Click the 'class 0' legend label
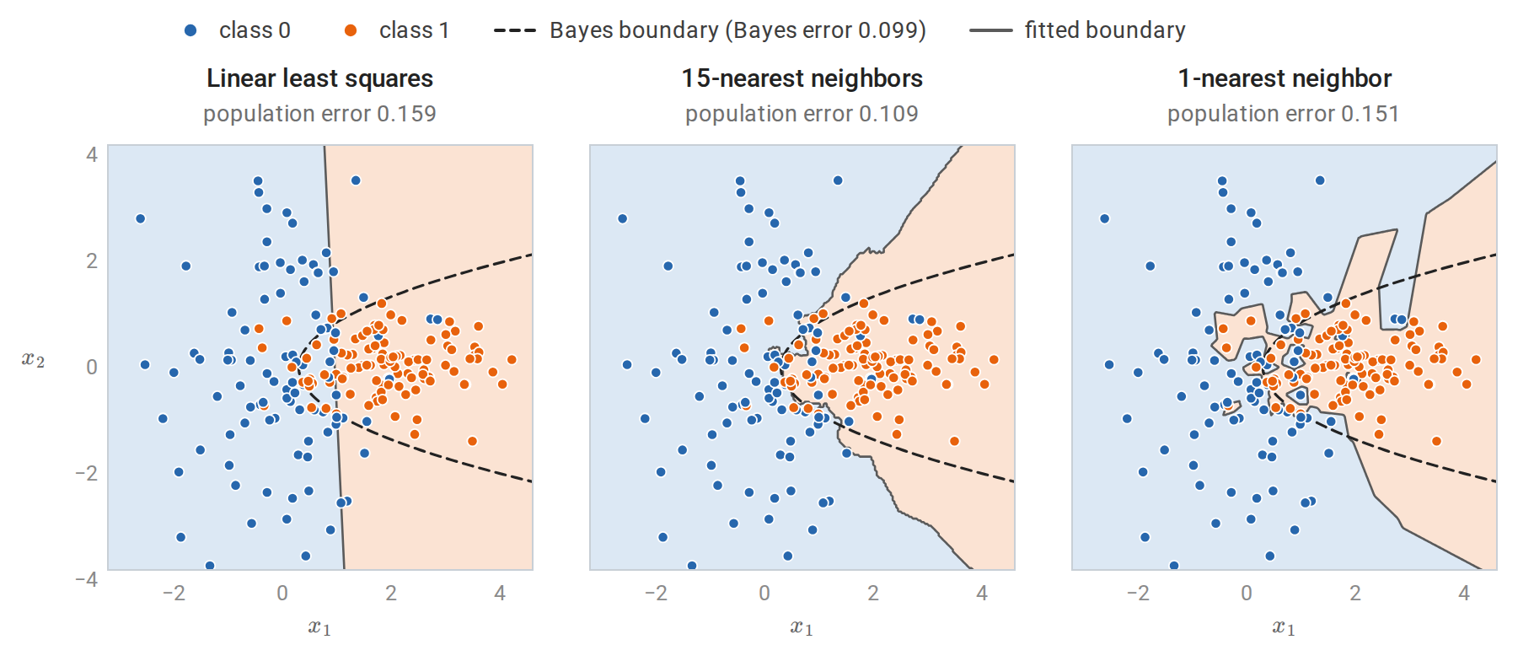[x=255, y=30]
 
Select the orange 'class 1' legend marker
[x=351, y=30]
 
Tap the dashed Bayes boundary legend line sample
[x=514, y=30]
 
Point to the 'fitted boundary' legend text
[x=1105, y=30]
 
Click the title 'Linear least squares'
[x=320, y=78]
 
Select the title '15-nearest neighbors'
[x=802, y=78]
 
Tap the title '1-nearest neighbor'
[x=1285, y=78]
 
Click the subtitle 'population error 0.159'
[x=320, y=114]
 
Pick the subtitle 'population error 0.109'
[x=802, y=114]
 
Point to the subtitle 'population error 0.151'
[x=1284, y=114]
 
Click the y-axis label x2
[x=33, y=360]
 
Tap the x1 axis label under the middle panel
[x=802, y=627]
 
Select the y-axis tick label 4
[x=92, y=154]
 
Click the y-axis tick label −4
[x=86, y=579]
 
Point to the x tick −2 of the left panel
[x=173, y=594]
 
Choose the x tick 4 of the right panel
[x=1464, y=594]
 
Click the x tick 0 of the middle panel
[x=764, y=594]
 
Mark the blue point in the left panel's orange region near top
[x=356, y=180]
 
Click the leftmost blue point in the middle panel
[x=623, y=219]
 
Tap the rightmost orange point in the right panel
[x=1476, y=360]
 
